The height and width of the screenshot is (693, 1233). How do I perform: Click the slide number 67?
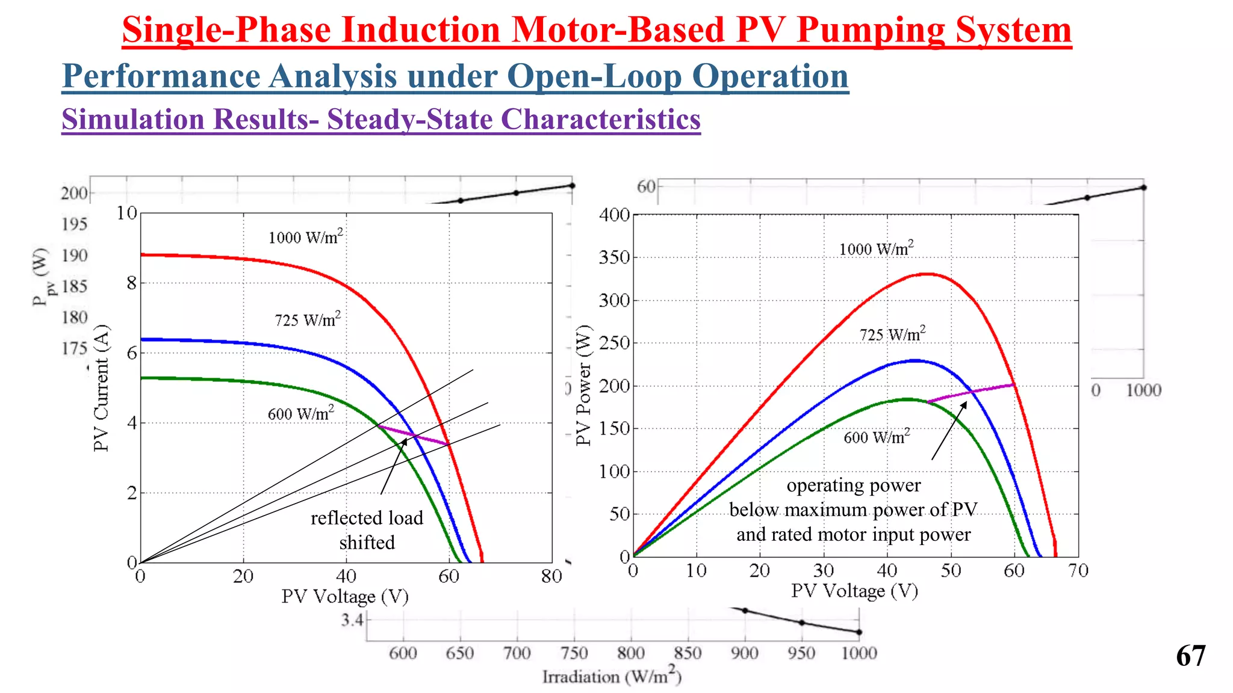coord(1190,656)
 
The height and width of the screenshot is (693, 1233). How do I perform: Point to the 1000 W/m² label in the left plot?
coord(305,237)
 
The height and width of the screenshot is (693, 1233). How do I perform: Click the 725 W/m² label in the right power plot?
coord(892,334)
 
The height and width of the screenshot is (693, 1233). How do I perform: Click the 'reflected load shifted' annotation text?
coord(367,530)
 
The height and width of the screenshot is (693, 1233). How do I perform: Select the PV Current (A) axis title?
coord(101,388)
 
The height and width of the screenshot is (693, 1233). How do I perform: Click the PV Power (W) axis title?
coord(583,386)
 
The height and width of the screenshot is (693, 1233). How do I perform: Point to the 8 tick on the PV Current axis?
coord(131,283)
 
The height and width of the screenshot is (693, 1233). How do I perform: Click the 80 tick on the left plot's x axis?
coord(551,577)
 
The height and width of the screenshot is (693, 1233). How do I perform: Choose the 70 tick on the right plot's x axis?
coord(1078,570)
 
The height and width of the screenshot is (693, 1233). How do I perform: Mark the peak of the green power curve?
coord(907,399)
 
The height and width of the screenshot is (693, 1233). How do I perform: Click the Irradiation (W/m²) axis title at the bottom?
coord(612,677)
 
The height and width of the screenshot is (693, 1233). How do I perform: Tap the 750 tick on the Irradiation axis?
coord(573,653)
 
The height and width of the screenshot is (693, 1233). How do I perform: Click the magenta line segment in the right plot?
coord(971,393)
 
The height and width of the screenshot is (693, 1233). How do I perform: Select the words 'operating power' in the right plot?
coord(853,485)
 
